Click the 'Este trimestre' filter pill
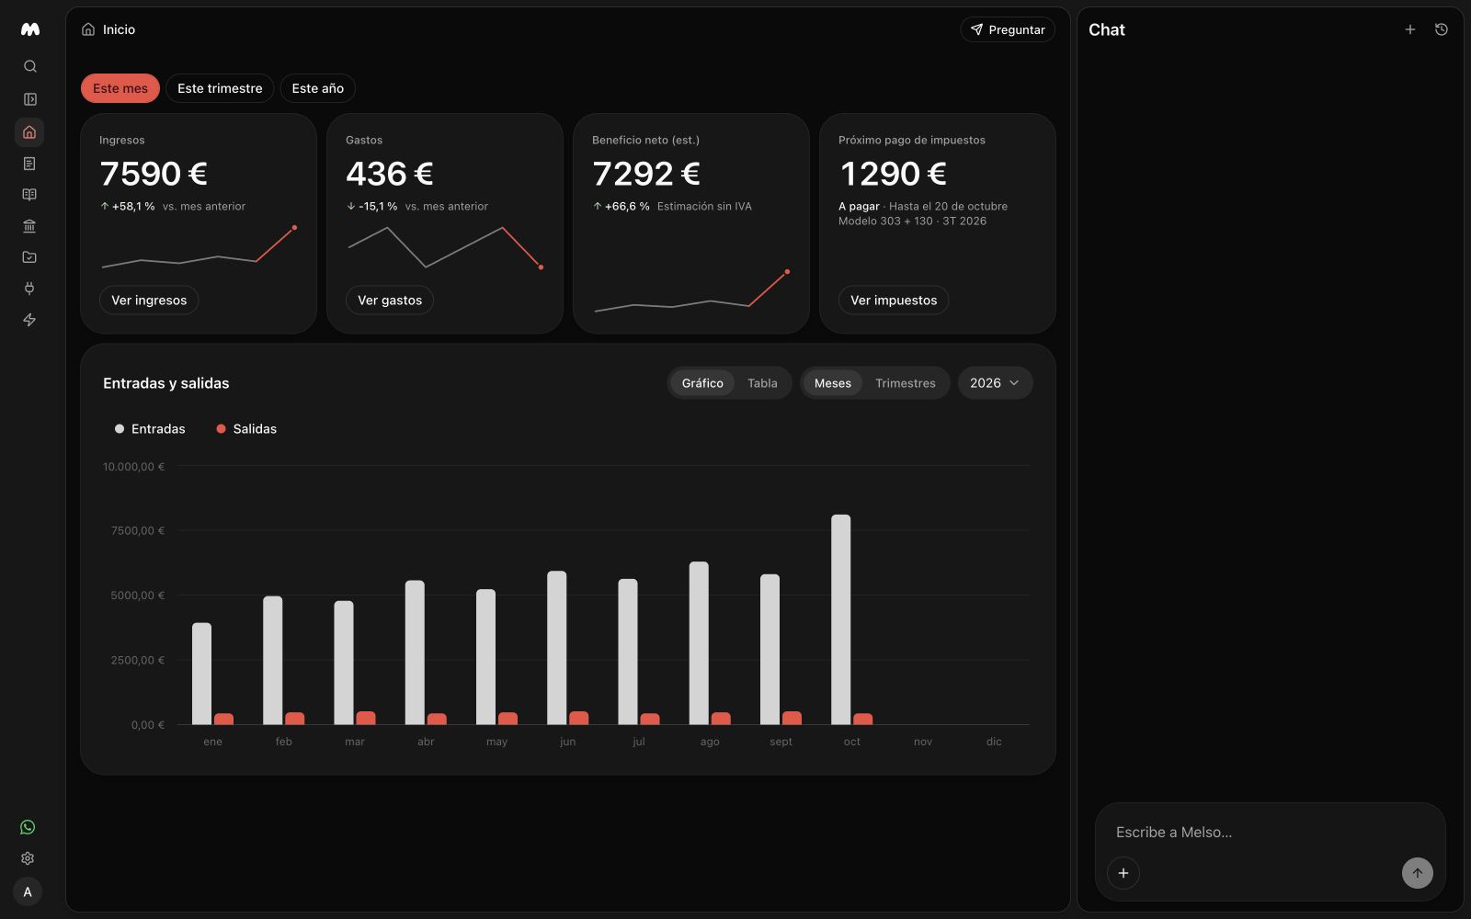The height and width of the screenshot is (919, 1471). click(220, 88)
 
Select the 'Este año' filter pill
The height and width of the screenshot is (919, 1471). click(318, 88)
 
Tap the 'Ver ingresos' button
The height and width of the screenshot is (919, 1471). click(149, 300)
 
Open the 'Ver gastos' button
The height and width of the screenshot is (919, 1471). click(390, 300)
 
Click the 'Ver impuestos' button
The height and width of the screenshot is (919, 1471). click(893, 300)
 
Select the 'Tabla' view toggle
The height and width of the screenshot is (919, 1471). click(762, 382)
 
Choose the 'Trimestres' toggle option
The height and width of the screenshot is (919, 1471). click(905, 382)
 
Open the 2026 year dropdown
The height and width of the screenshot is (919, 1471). click(995, 382)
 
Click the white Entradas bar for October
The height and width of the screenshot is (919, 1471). click(840, 619)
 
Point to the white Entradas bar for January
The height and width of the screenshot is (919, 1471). click(201, 674)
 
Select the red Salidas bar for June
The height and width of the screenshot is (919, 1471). click(578, 718)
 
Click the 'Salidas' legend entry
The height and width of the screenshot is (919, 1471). click(246, 428)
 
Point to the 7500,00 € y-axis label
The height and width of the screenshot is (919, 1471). click(138, 530)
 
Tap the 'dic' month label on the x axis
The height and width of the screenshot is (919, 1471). click(994, 741)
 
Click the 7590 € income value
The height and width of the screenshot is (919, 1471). click(154, 174)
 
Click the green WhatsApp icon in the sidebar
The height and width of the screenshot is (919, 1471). click(28, 827)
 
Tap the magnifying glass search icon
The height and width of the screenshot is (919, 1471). click(29, 66)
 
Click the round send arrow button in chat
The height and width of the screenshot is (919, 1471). click(1417, 873)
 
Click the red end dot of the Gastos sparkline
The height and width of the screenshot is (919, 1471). click(541, 267)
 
